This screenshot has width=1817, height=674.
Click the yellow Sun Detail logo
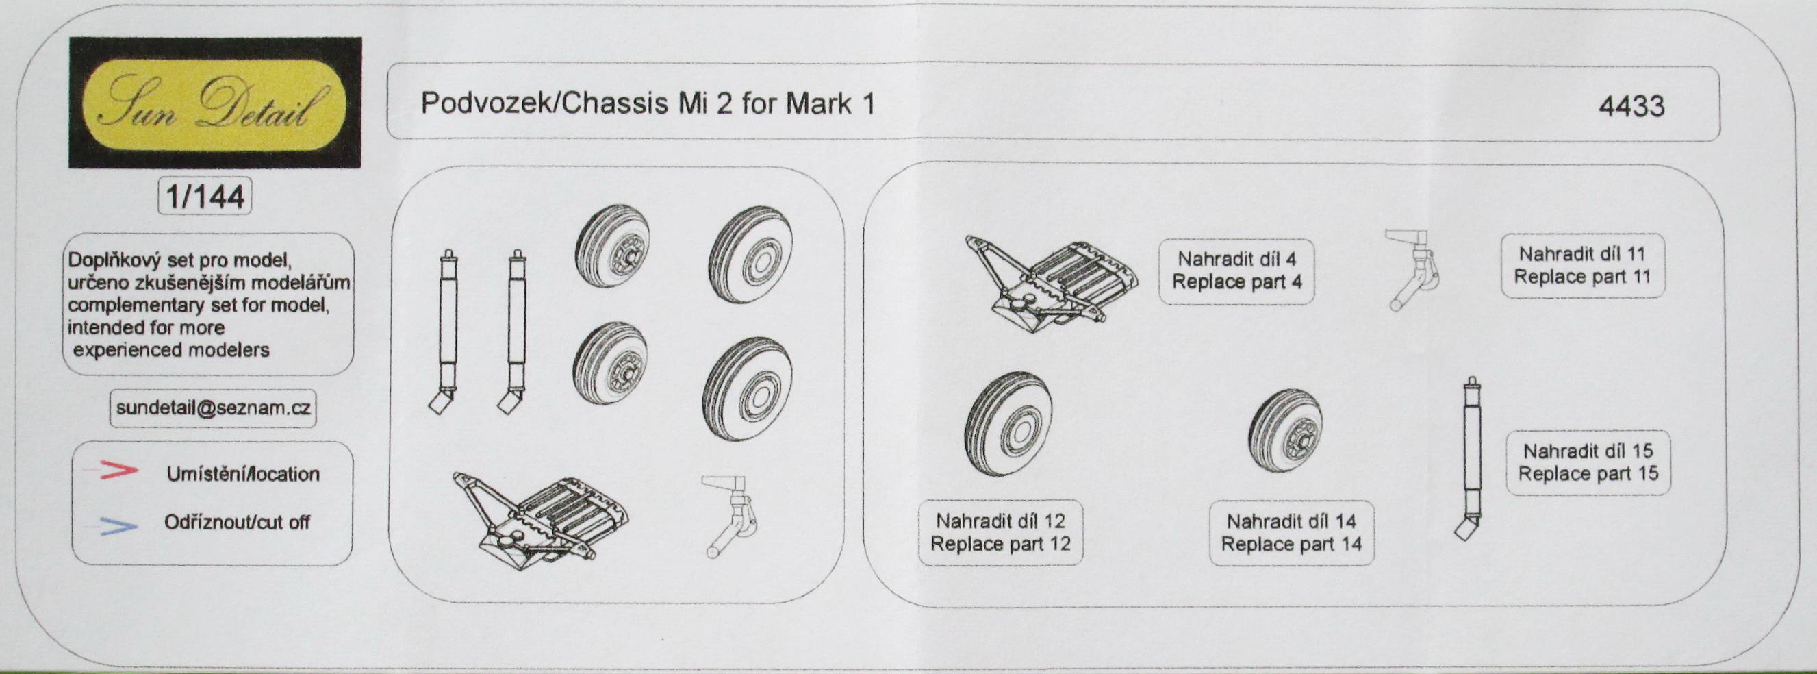pyautogui.click(x=214, y=104)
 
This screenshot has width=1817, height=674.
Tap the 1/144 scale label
pyautogui.click(x=205, y=195)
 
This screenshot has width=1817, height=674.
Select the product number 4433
pyautogui.click(x=1631, y=106)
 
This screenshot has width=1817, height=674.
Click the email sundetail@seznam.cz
pyautogui.click(x=213, y=408)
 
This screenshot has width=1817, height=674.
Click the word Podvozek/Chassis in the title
pyautogui.click(x=544, y=103)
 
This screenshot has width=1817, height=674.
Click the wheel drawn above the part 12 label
pyautogui.click(x=1008, y=423)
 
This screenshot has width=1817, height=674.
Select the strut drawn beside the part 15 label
pyautogui.click(x=1471, y=459)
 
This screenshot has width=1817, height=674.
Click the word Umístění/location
pyautogui.click(x=242, y=473)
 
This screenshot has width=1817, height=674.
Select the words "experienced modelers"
pyautogui.click(x=171, y=350)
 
